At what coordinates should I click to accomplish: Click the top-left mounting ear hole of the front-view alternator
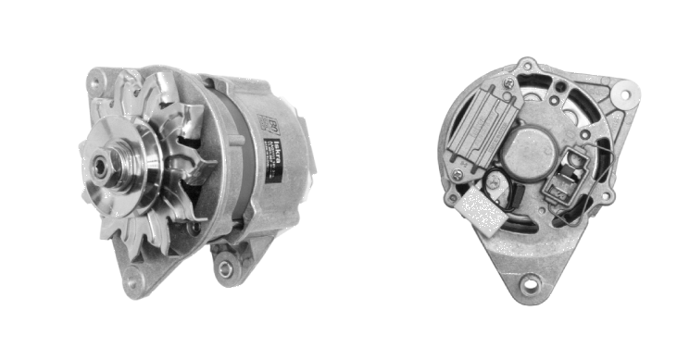point(94,82)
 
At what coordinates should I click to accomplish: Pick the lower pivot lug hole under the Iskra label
point(223,268)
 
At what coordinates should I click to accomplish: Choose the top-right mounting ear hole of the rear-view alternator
point(626,94)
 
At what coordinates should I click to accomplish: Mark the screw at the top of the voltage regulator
point(509,83)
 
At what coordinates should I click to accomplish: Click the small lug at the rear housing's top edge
point(527,67)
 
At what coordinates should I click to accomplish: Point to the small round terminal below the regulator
point(495,182)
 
